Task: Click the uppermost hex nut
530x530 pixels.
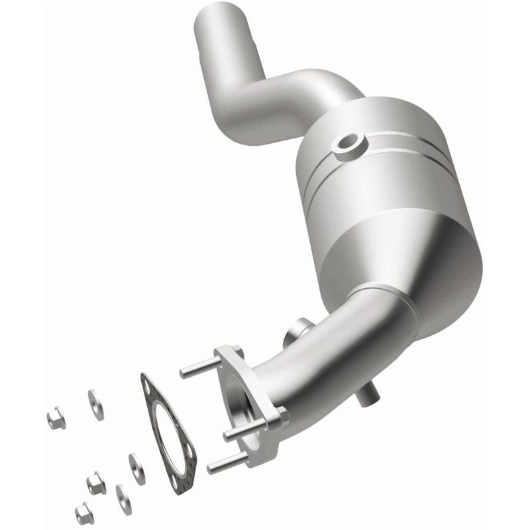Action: (x=55, y=417)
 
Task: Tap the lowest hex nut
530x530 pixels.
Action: (x=83, y=512)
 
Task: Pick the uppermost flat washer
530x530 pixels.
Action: (x=96, y=403)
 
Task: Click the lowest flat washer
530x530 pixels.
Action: (x=123, y=498)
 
